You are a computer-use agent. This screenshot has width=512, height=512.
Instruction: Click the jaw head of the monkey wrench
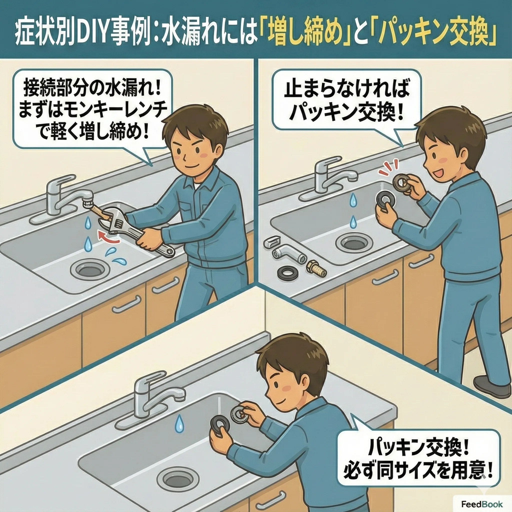111,216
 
